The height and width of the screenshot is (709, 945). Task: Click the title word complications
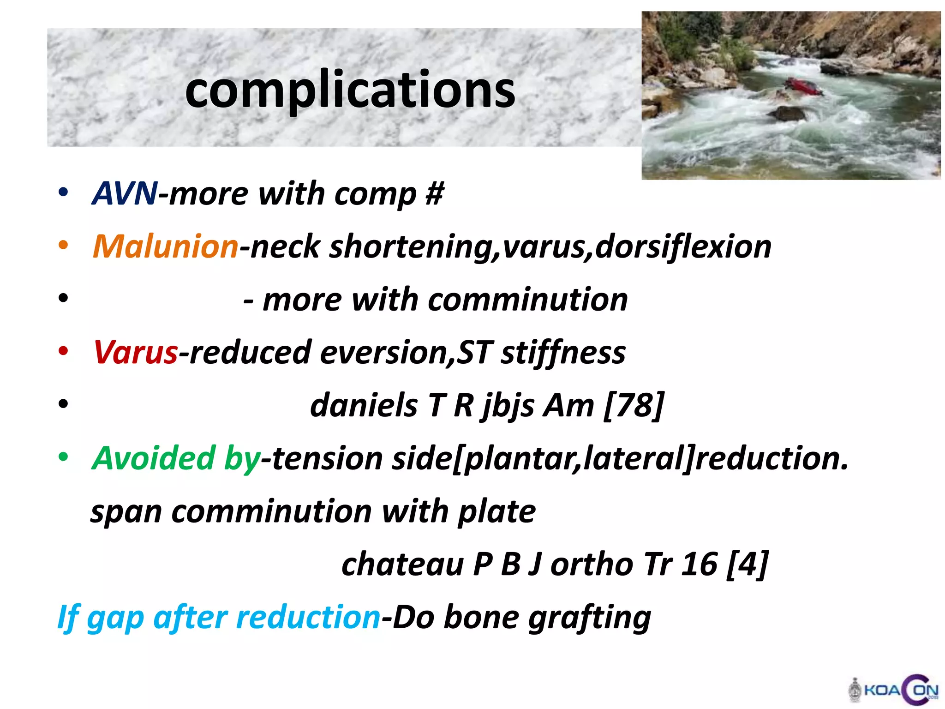coord(350,90)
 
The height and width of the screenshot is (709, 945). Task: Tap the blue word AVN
coord(125,193)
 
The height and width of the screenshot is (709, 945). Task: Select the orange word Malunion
coord(166,246)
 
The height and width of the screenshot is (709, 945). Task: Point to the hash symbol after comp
coord(435,193)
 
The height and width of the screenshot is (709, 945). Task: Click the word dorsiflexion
coord(683,246)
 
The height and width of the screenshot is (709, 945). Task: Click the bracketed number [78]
coord(634,405)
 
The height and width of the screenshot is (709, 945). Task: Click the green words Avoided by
coord(176,458)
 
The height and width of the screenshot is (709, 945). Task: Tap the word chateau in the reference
coord(402,564)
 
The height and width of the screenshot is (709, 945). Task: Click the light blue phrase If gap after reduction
coord(219,618)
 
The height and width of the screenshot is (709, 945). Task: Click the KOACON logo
coord(894,691)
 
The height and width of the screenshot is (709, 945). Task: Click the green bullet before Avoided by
coord(63,457)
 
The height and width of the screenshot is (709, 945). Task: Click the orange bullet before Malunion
coord(63,245)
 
